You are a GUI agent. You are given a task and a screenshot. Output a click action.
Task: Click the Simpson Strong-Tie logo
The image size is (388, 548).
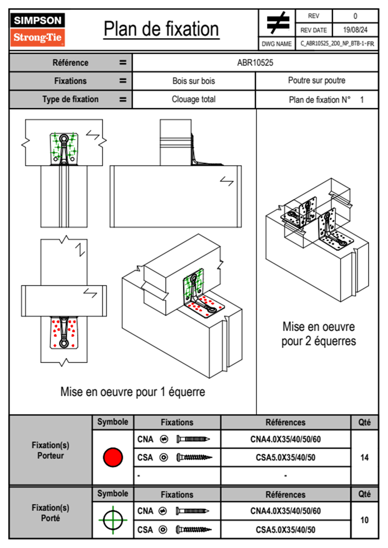click(37, 29)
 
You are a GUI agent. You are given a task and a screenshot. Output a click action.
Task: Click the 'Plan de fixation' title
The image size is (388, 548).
click(161, 29)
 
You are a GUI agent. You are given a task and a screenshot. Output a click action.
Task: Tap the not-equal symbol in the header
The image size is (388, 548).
click(278, 22)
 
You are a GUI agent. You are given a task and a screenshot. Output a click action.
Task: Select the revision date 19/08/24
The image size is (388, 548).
click(355, 30)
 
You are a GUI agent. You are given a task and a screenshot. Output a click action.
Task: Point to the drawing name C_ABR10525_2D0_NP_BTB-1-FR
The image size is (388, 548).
click(337, 44)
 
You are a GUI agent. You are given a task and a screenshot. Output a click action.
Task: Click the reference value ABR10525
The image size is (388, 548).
click(255, 63)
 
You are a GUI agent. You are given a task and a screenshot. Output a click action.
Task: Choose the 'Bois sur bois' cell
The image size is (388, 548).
click(194, 81)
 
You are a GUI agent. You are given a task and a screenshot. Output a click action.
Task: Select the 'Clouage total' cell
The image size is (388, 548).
click(194, 99)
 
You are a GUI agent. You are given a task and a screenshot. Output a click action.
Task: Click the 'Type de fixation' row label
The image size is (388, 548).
click(70, 99)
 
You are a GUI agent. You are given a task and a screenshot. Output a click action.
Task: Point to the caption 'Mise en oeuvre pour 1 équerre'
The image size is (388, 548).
click(133, 392)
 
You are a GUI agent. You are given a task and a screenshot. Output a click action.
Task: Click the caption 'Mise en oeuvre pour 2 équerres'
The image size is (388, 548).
click(319, 334)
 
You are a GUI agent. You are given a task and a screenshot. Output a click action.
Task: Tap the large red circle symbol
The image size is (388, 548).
click(113, 457)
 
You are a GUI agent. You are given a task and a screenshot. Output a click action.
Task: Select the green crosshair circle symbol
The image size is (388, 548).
click(113, 520)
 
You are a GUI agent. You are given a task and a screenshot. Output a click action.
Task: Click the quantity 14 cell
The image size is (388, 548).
click(365, 457)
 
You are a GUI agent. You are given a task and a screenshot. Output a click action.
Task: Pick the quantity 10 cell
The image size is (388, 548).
click(365, 520)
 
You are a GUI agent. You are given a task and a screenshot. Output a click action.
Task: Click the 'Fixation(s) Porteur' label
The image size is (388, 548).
click(51, 450)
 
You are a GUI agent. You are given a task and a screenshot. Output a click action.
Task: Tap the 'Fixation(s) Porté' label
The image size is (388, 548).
click(51, 513)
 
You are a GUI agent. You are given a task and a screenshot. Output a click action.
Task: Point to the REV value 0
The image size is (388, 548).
click(355, 16)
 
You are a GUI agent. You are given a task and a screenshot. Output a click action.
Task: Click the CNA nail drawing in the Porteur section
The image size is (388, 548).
click(193, 439)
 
